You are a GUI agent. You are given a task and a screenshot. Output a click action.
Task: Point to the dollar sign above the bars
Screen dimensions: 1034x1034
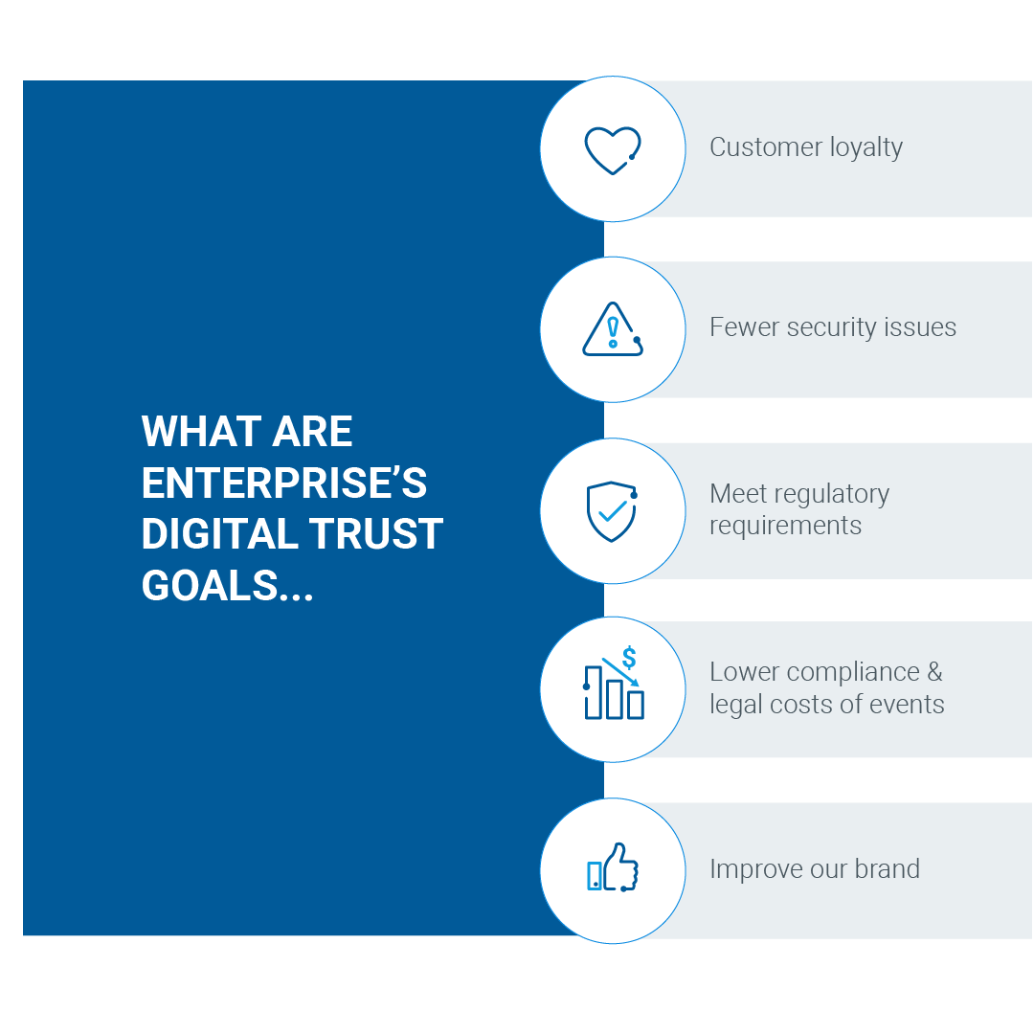(x=629, y=658)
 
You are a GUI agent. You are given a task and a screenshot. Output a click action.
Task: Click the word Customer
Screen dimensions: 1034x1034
(x=766, y=147)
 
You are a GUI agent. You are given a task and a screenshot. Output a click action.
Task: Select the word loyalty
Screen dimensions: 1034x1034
(x=866, y=148)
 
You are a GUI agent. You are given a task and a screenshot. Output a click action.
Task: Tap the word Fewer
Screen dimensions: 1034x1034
(x=745, y=327)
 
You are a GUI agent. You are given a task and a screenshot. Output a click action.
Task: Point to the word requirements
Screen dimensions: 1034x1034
(x=785, y=527)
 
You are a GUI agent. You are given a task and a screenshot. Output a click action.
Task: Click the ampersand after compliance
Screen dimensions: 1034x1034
(x=935, y=672)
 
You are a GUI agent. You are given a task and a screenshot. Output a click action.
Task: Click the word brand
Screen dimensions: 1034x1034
(x=887, y=868)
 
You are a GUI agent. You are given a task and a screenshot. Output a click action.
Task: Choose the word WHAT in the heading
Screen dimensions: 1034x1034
(x=202, y=432)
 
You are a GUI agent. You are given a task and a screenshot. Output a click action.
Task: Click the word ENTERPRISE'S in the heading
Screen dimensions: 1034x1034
(x=284, y=483)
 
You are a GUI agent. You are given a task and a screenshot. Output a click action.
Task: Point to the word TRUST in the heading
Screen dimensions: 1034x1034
(x=376, y=533)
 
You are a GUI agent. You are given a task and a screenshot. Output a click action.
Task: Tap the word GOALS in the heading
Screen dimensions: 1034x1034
(x=210, y=586)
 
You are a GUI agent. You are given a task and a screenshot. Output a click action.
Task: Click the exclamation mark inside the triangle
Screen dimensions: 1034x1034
(x=613, y=331)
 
